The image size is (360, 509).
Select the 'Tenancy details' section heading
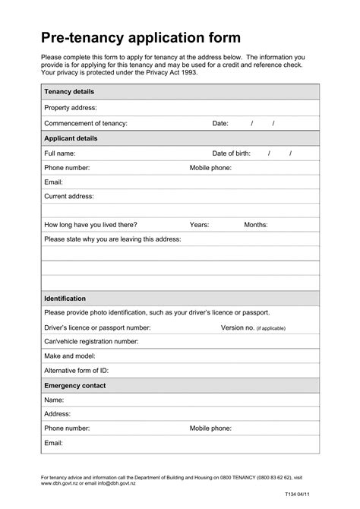(68, 91)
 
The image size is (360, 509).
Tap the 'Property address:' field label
(71, 108)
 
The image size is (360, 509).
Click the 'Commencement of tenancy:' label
(86, 123)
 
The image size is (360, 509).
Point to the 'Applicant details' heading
(71, 138)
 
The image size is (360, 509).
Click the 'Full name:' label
(60, 153)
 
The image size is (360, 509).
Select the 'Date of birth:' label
(231, 153)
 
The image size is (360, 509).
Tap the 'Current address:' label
(69, 196)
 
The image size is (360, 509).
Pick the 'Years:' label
(199, 225)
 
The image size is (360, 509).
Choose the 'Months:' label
(256, 225)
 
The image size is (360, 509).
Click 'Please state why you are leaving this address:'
(112, 239)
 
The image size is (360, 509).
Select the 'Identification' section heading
(65, 299)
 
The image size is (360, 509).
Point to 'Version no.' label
(238, 327)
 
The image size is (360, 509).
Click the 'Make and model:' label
(69, 356)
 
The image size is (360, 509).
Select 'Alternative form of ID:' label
(76, 371)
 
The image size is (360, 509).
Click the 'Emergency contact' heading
(75, 385)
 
